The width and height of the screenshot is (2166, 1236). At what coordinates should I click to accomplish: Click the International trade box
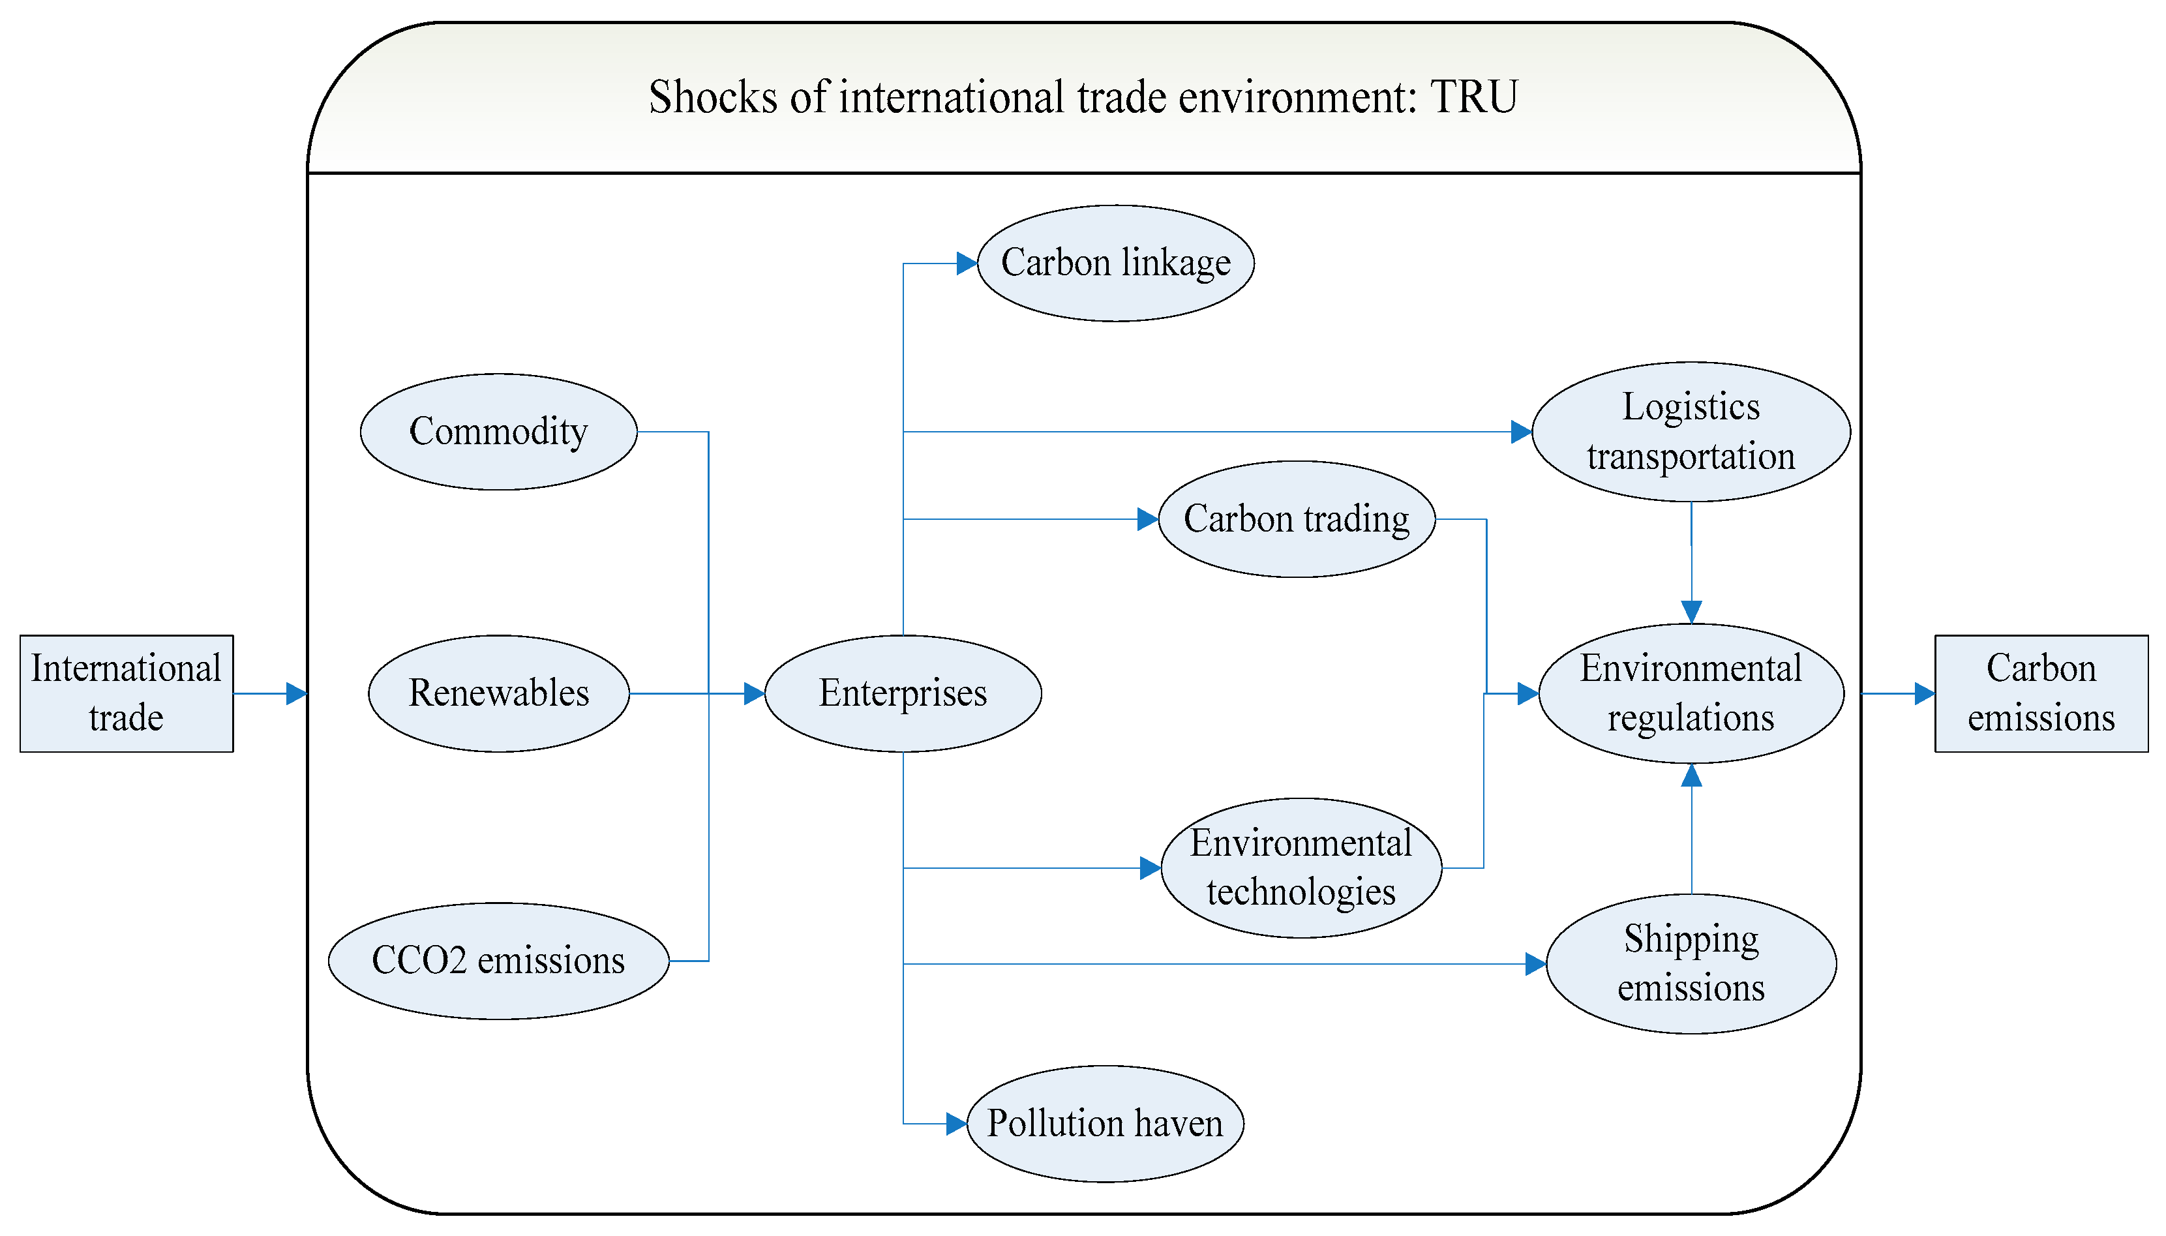pos(127,693)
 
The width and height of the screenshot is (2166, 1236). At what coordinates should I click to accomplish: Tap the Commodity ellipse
pos(498,431)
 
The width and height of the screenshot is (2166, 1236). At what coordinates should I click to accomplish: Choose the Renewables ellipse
pos(498,693)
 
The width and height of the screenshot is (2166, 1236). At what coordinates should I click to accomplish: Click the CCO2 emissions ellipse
pos(498,960)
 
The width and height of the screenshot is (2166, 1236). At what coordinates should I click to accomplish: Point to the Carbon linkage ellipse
pos(1115,262)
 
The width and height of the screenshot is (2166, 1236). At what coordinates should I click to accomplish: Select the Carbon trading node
pos(1296,519)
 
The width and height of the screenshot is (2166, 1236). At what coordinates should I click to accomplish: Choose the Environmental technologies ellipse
pos(1301,867)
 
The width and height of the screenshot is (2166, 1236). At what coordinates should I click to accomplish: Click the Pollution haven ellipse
pos(1104,1123)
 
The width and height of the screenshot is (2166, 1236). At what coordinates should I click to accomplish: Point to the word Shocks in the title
pos(713,97)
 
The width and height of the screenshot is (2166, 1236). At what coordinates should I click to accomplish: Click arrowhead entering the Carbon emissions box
pos(1923,693)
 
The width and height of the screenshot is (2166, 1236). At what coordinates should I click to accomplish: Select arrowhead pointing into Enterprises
pos(754,693)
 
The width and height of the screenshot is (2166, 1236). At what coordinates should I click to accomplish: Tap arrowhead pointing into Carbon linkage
pos(966,263)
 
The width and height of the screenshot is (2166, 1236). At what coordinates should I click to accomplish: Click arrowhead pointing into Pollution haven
pos(955,1123)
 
